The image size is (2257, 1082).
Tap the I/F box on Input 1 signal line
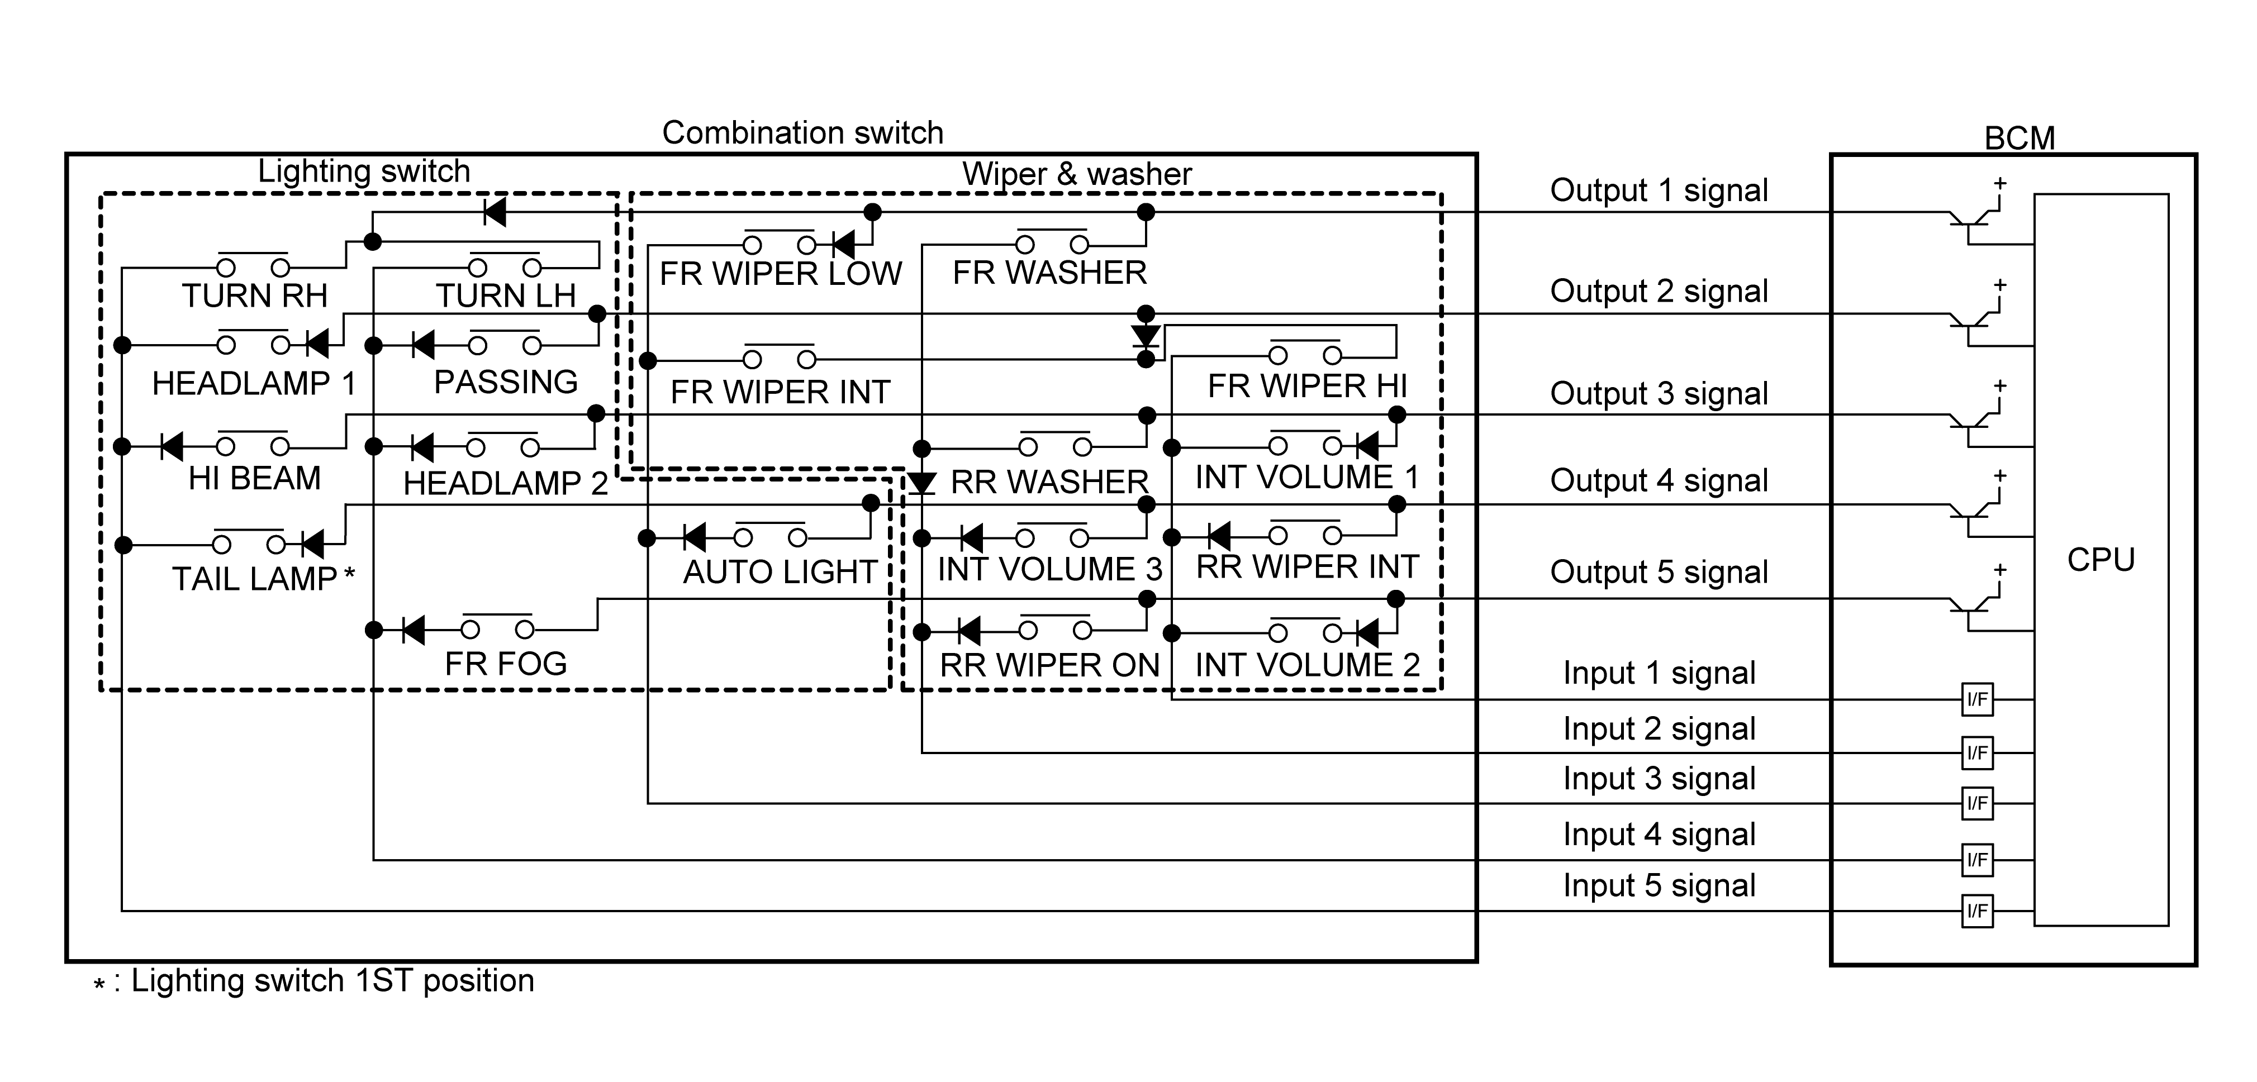click(x=1978, y=699)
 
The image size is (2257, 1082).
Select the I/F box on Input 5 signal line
click(x=1978, y=911)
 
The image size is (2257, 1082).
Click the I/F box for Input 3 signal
click(x=1978, y=803)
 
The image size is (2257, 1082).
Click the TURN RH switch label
click(x=254, y=295)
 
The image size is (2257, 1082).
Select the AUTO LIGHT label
click(x=780, y=571)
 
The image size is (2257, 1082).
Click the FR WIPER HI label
click(x=1307, y=385)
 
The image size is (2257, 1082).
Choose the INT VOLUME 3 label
click(x=1049, y=569)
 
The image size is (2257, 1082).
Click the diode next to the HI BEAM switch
click(x=172, y=447)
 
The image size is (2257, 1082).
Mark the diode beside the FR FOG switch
click(x=412, y=629)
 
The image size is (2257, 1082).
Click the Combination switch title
click(x=802, y=132)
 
